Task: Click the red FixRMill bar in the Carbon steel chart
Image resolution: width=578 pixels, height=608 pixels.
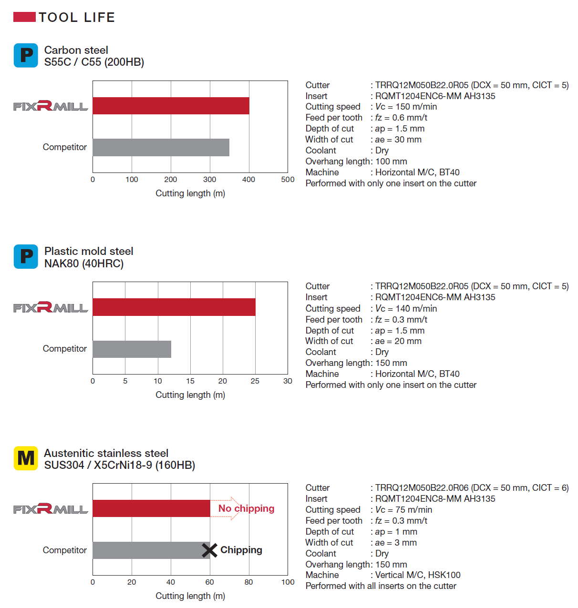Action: click(171, 106)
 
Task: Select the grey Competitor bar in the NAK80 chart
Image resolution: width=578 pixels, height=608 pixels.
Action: click(132, 349)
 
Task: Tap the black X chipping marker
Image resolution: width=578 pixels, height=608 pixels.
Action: click(209, 550)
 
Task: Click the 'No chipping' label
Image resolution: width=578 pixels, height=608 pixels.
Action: click(246, 508)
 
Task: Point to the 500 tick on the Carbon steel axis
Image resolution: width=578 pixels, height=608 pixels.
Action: click(288, 180)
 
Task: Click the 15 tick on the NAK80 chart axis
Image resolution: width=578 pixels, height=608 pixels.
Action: click(190, 381)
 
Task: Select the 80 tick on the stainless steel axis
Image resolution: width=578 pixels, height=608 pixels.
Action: click(248, 582)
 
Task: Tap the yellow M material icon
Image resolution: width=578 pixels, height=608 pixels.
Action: click(26, 458)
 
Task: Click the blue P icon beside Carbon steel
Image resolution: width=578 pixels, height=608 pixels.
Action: click(26, 56)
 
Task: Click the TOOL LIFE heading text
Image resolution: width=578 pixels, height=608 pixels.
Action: click(77, 18)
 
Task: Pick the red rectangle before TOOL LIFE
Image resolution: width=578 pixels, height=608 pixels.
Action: click(24, 18)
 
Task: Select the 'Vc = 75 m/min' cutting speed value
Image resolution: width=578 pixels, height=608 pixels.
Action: click(403, 510)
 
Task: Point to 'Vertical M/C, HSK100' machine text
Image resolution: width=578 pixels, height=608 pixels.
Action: click(418, 575)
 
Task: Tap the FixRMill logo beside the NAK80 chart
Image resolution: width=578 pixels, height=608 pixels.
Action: click(51, 307)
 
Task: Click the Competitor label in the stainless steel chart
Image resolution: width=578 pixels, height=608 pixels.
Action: click(65, 550)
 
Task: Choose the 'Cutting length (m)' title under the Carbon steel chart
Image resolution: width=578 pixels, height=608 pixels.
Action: click(190, 193)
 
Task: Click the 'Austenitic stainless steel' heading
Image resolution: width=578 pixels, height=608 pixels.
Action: click(106, 453)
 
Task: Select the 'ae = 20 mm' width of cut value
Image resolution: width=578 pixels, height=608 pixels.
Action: click(398, 341)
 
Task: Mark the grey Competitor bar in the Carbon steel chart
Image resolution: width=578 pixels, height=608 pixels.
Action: click(161, 148)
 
